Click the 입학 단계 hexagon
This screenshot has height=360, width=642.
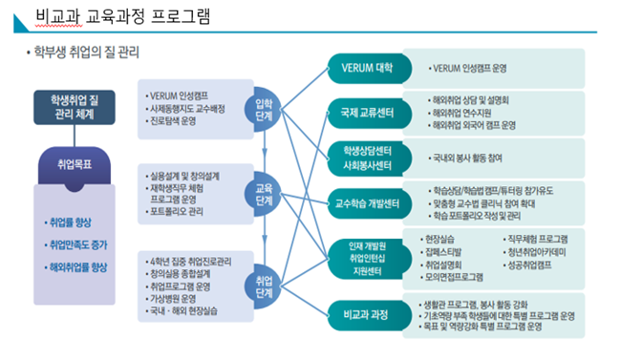click(x=265, y=109)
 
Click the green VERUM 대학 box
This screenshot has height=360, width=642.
click(x=361, y=69)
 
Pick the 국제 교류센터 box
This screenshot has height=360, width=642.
click(x=361, y=112)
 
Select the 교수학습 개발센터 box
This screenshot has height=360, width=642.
click(x=361, y=202)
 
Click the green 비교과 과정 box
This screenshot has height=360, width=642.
click(x=361, y=314)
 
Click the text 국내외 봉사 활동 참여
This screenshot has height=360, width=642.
click(x=474, y=157)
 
